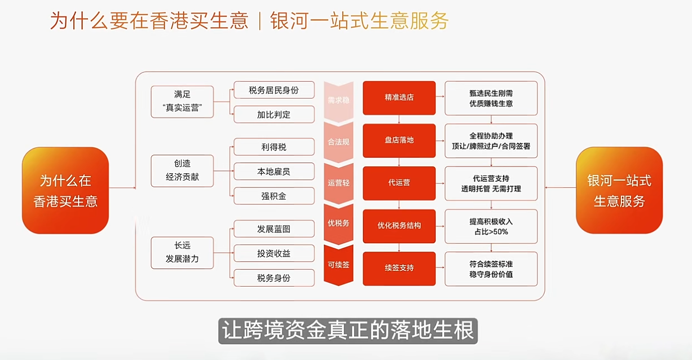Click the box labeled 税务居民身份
[x=274, y=90]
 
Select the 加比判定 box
[x=274, y=115]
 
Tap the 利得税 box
[x=274, y=147]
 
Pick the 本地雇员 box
[x=274, y=172]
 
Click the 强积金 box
[x=274, y=196]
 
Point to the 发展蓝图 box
[x=274, y=229]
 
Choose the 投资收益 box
[x=274, y=253]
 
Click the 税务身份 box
[x=274, y=278]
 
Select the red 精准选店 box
[x=399, y=97]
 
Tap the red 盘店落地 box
[x=399, y=140]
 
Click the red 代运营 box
[x=399, y=183]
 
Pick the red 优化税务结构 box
[x=399, y=226]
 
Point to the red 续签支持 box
[x=399, y=268]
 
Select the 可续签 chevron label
[x=338, y=264]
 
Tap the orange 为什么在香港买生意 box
[x=65, y=191]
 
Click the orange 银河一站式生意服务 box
[x=619, y=191]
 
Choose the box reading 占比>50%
[x=491, y=226]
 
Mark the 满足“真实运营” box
[x=182, y=102]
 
